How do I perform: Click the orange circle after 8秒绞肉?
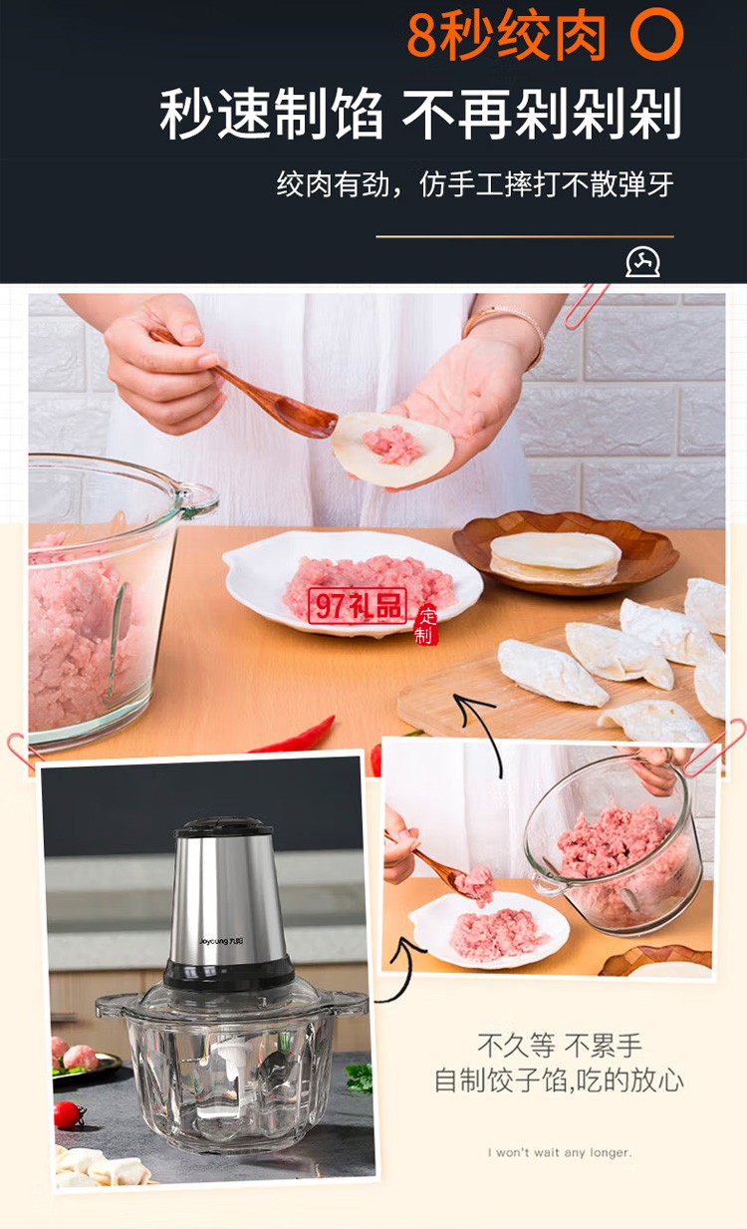(657, 35)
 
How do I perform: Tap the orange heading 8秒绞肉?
(506, 35)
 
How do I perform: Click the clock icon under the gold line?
(642, 262)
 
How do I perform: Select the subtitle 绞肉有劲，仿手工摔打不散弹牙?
(475, 184)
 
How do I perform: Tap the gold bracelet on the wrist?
(507, 322)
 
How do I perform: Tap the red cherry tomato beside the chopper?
(68, 1113)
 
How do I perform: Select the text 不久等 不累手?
(560, 1046)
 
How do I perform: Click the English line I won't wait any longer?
(559, 1153)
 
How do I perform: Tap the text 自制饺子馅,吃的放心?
(559, 1080)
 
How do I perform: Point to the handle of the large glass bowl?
(196, 497)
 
